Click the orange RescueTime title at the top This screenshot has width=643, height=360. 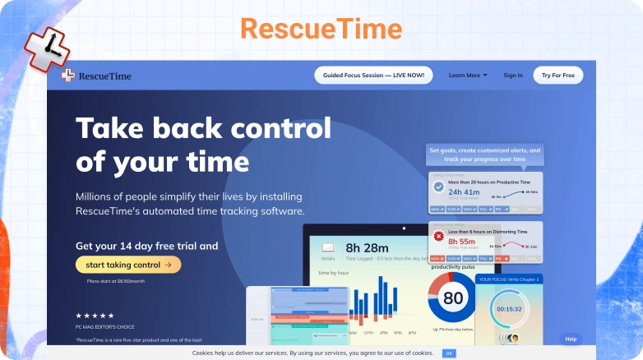[321, 30]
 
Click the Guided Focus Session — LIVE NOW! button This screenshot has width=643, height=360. [372, 75]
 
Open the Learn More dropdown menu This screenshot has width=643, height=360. [467, 75]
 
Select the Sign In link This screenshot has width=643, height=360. [513, 75]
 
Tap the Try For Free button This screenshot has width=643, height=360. [557, 75]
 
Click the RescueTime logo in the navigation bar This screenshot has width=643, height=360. [96, 76]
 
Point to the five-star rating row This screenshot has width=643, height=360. [95, 316]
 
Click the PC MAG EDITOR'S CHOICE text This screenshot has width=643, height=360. [104, 328]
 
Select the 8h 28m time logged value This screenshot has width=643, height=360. [367, 247]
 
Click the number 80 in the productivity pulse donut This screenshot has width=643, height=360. [453, 298]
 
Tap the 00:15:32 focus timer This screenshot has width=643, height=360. [507, 309]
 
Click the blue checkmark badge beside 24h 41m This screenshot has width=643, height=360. [439, 187]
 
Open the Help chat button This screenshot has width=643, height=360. [571, 339]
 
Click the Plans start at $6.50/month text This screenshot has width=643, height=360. [116, 281]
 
